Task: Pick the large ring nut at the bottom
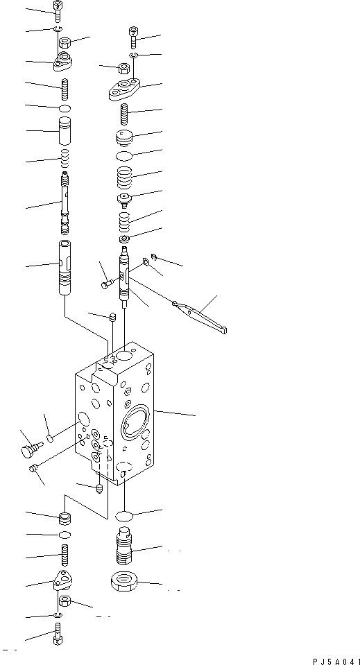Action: click(126, 581)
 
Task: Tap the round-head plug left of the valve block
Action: click(26, 451)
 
